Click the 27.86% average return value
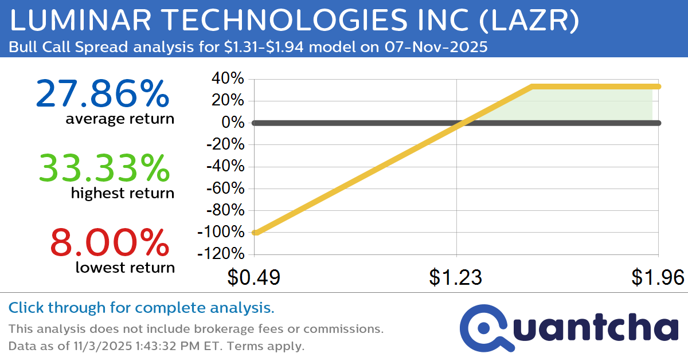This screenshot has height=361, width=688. click(103, 94)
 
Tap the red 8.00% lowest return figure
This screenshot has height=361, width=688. click(110, 242)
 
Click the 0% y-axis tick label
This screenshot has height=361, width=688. click(234, 123)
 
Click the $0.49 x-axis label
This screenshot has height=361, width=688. click(253, 277)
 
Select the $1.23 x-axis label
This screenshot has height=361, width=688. click(456, 277)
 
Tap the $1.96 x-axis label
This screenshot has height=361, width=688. click(658, 277)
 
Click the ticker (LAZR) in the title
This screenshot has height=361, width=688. click(526, 22)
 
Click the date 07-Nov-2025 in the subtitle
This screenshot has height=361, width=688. click(433, 47)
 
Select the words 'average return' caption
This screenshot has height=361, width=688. click(120, 119)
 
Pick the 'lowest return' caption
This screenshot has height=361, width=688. click(124, 267)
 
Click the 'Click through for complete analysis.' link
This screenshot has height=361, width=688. click(141, 308)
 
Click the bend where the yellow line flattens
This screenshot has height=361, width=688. click(533, 87)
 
